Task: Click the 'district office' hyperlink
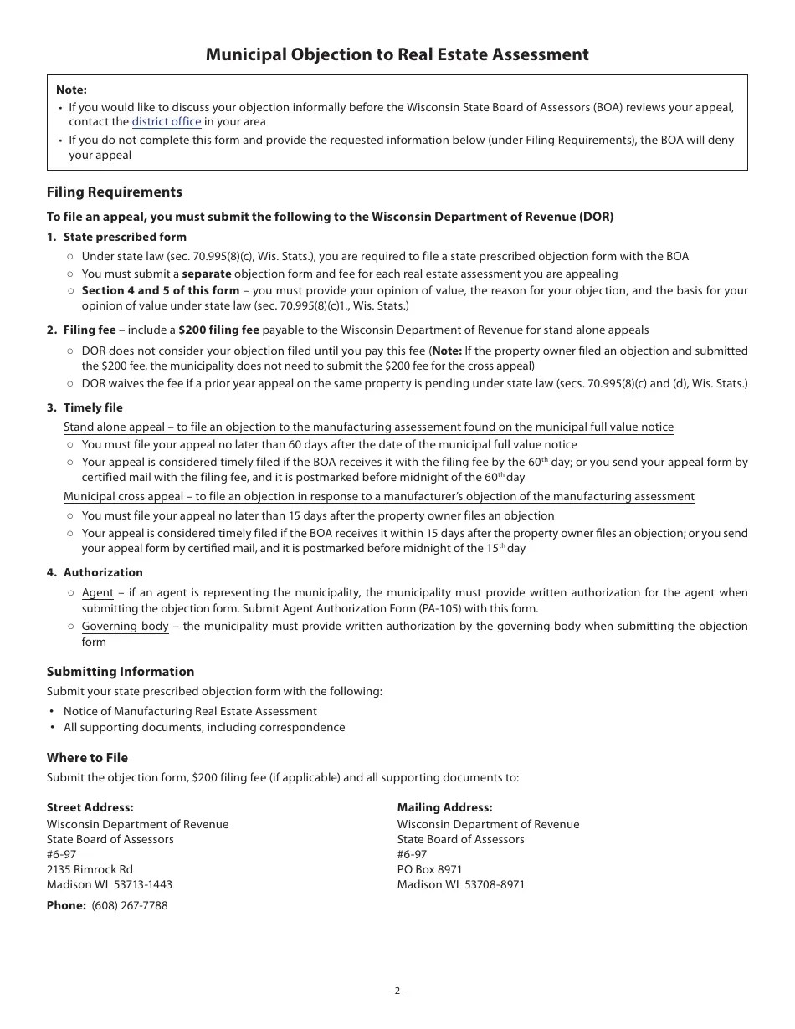167,122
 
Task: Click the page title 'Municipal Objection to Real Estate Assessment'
397,54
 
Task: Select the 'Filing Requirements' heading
115,192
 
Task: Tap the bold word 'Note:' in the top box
71,90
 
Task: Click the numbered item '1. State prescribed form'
117,237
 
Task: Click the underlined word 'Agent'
97,592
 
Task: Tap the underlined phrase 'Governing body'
125,626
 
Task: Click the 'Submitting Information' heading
121,671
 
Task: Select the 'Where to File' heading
88,757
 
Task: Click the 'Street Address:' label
90,807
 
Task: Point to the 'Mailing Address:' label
444,807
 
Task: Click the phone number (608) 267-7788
130,905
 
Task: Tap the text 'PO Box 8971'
429,869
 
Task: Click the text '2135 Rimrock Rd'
90,869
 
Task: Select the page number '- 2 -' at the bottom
397,991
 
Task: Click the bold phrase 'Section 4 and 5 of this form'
160,290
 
